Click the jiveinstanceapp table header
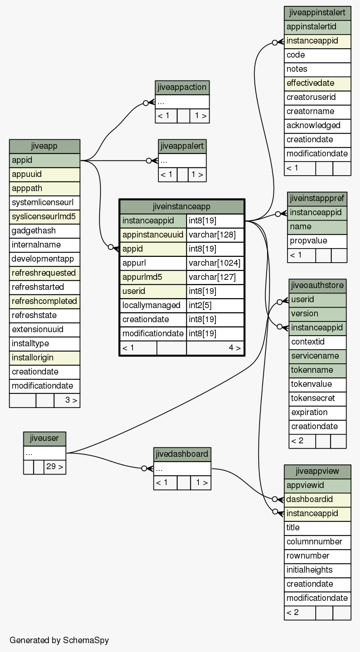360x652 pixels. [x=181, y=206]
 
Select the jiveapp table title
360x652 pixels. [x=45, y=146]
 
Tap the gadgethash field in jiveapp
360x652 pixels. [x=45, y=231]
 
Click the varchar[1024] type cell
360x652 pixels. [x=215, y=263]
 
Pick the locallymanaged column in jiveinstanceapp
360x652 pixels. [x=153, y=305]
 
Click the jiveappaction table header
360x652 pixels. [x=182, y=88]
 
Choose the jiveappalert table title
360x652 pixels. [x=182, y=146]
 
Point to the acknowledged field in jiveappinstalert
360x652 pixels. [x=318, y=125]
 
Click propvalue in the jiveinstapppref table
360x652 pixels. [x=317, y=241]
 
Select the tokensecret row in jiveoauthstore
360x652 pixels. [x=318, y=398]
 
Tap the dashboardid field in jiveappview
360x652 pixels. [x=318, y=499]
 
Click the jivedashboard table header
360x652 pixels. [x=182, y=454]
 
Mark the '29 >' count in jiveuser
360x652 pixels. [x=55, y=467]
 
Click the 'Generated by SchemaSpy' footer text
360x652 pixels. [x=59, y=640]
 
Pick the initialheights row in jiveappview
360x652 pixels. [x=318, y=570]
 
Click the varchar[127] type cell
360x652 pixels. [x=215, y=277]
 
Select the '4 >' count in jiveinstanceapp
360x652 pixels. [x=215, y=347]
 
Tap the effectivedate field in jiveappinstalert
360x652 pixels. [x=318, y=83]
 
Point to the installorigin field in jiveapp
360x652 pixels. [x=45, y=357]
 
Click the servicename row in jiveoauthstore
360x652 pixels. [x=318, y=356]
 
